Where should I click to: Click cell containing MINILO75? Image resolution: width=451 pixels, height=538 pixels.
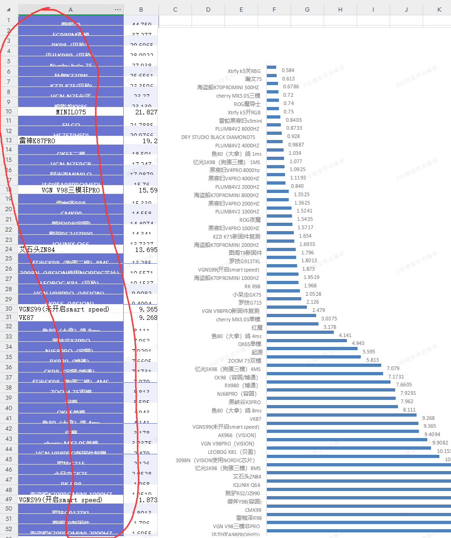tap(71, 112)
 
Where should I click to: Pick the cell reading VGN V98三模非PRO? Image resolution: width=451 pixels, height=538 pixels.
tap(71, 190)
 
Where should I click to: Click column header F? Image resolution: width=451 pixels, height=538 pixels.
tap(274, 10)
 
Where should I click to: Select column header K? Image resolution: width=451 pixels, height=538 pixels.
tap(439, 10)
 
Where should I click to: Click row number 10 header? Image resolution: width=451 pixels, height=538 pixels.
tap(9, 112)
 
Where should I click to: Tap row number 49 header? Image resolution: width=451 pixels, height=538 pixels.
tap(9, 499)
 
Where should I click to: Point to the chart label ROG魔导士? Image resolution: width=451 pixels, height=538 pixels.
tap(247, 104)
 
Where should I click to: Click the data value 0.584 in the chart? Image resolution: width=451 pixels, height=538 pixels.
tap(288, 71)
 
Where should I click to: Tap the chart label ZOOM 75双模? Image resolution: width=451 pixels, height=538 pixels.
tap(245, 361)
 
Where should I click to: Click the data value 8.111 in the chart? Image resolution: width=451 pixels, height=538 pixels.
tap(409, 410)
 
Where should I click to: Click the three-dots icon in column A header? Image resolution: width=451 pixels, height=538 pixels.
tap(118, 10)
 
